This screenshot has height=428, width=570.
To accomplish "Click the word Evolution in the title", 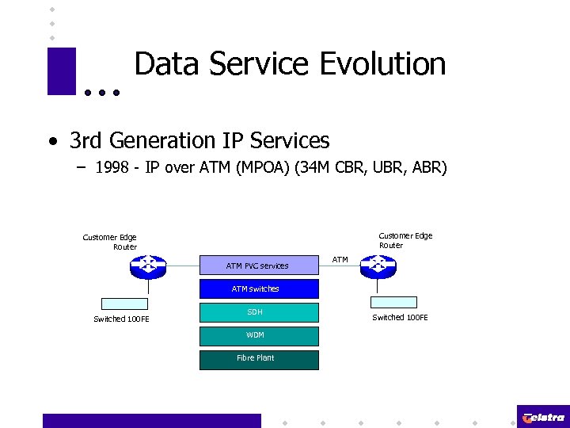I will (382, 64).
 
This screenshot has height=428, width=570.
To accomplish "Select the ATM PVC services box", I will (257, 266).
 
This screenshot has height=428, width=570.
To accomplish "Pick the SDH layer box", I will (259, 312).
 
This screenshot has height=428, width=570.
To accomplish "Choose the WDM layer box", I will (259, 335).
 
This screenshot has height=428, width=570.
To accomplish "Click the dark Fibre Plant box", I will (259, 358).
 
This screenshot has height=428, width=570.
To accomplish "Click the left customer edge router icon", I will (147, 266).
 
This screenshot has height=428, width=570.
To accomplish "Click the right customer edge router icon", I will (378, 266).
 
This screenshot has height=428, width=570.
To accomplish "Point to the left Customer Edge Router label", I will (110, 242).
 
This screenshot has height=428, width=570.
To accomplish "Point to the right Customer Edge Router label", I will (405, 240).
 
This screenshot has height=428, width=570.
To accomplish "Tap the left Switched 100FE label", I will (121, 319).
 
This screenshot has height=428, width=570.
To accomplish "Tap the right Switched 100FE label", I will (400, 318).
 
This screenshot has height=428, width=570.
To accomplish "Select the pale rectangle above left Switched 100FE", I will (125, 303).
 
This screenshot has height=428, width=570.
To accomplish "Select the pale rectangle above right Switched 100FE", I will (394, 302).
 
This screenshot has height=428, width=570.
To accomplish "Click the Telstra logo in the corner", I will (543, 417).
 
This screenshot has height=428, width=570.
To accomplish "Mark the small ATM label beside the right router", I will (340, 260).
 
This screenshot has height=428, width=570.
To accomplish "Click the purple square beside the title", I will (61, 71).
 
